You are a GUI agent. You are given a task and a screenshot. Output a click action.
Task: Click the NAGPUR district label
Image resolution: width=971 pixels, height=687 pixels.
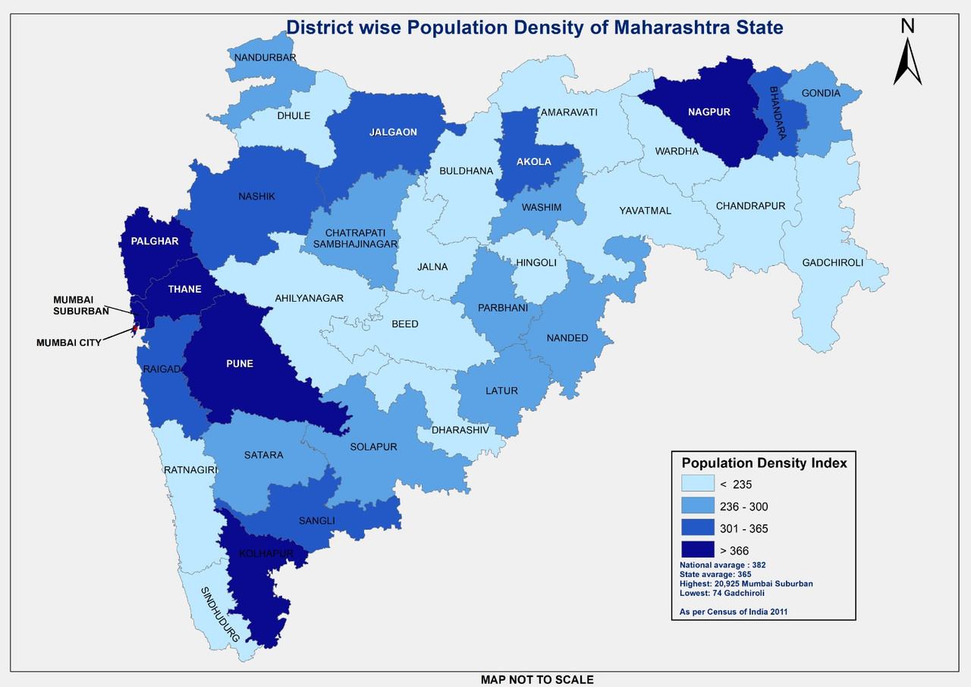[x=709, y=112]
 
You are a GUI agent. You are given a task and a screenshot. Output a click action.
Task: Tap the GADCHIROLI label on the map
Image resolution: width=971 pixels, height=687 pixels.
[x=833, y=263]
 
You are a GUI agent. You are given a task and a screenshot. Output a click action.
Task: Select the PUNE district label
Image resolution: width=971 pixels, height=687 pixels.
[x=239, y=363]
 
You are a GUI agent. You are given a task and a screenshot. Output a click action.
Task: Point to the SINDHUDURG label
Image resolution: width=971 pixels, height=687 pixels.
[x=220, y=615]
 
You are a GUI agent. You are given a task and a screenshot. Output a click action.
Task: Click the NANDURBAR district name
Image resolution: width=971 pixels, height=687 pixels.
[x=265, y=58]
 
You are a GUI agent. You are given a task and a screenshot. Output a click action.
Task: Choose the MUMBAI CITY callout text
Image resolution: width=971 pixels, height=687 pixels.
[x=68, y=343]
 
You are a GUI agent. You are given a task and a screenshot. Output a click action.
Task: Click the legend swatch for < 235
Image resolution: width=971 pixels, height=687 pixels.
[x=698, y=484]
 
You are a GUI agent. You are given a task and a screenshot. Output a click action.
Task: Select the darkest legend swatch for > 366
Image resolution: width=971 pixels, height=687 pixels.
[x=698, y=549]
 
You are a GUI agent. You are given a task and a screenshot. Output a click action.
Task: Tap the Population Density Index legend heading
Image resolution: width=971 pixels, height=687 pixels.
[x=764, y=463]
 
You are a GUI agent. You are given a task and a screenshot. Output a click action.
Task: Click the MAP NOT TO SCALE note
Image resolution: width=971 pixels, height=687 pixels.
[x=537, y=679]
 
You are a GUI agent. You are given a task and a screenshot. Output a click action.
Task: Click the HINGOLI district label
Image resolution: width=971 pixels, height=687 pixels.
[x=536, y=263]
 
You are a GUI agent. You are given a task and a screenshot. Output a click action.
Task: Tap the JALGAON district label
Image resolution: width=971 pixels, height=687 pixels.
[x=393, y=132]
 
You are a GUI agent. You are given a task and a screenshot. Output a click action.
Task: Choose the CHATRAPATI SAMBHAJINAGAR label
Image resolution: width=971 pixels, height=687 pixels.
[x=350, y=237]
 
